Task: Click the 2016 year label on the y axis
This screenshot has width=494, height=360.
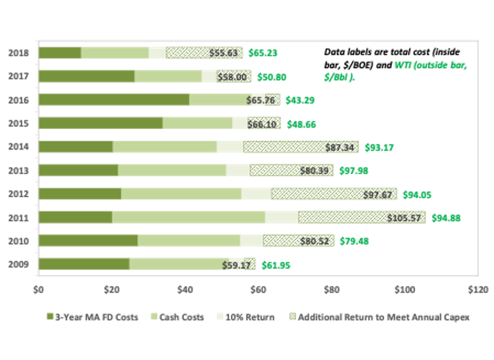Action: (19, 100)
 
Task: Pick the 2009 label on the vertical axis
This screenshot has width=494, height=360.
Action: (19, 265)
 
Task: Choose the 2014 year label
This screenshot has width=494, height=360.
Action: (19, 147)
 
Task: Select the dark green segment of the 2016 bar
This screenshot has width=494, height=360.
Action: (113, 100)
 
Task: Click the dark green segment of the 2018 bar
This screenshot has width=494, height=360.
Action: (59, 53)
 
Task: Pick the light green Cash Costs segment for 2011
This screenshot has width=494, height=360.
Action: (188, 217)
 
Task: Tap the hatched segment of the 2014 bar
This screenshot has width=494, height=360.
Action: (301, 147)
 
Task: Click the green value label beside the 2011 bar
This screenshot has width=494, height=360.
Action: (446, 218)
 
